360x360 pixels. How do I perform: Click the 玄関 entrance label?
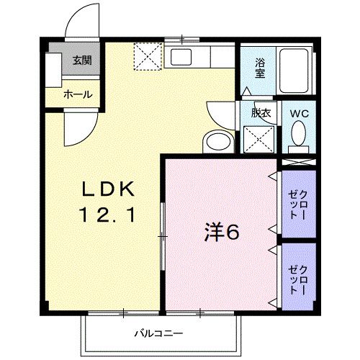81,60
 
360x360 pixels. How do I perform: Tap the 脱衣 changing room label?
260,112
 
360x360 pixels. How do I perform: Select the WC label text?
299,112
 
